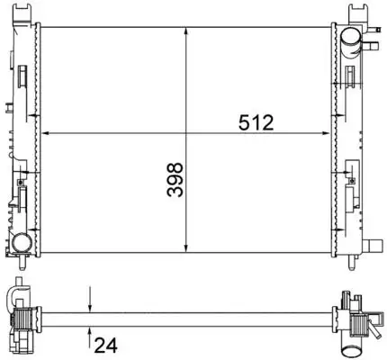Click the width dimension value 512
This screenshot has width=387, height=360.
tap(256, 123)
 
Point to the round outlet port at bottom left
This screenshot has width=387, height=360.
tap(19, 242)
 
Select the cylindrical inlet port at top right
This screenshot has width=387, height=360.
tap(351, 37)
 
